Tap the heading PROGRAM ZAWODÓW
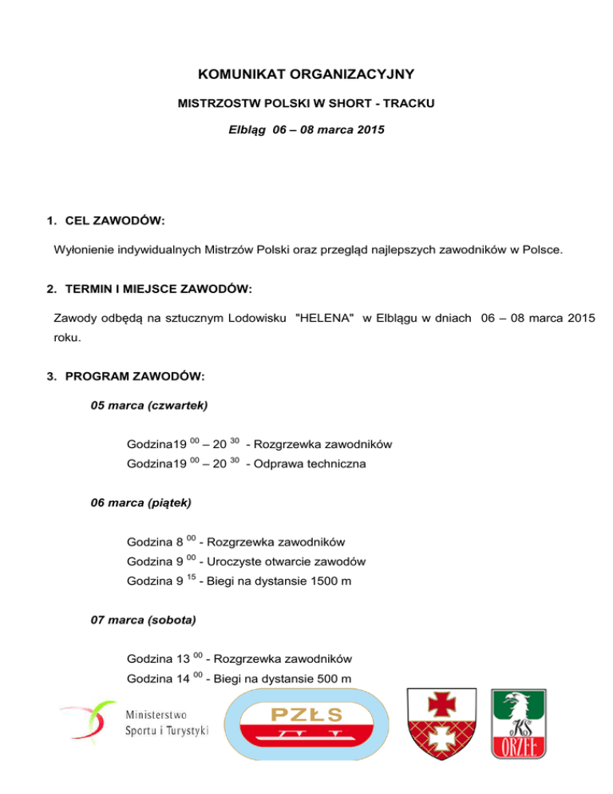tap(131, 375)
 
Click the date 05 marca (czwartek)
tap(149, 405)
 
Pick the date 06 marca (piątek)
tap(141, 504)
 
